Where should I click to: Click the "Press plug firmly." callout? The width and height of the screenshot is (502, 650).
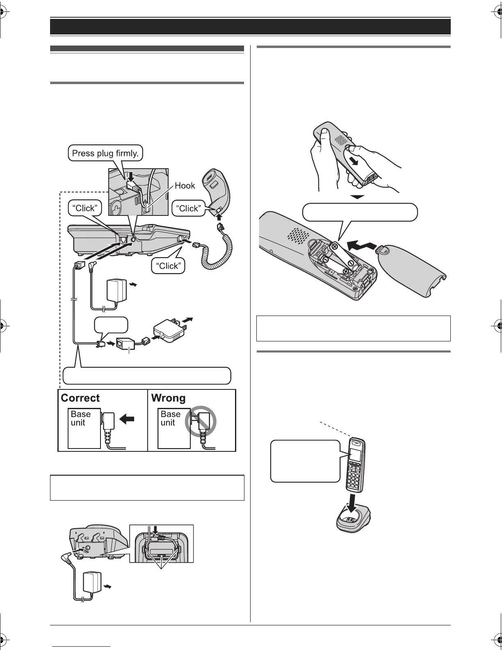point(105,153)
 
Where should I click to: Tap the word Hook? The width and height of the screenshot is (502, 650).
point(185,185)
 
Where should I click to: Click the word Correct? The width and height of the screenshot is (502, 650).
point(80,398)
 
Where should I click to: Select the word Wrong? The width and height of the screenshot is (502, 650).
point(168,398)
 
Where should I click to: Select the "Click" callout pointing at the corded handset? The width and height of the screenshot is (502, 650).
point(188,208)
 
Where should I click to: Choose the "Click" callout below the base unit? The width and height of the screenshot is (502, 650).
point(168,266)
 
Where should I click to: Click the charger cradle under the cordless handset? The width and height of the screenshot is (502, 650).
point(353,521)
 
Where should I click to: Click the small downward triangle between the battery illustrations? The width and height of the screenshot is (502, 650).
point(358,197)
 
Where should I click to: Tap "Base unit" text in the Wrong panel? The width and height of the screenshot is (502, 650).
point(170,418)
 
